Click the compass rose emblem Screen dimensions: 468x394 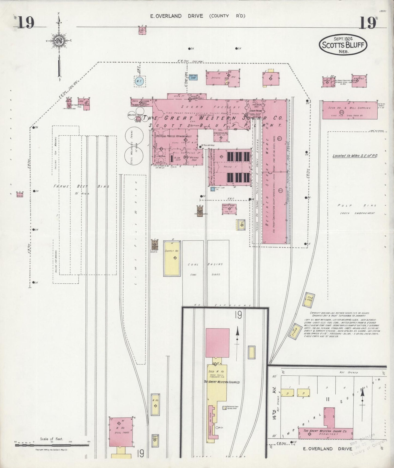(59, 41)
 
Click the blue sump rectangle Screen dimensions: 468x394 (193, 78)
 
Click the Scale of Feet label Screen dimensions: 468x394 (52, 439)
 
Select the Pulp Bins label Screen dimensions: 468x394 (357, 205)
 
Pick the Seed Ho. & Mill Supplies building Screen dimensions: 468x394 (350, 110)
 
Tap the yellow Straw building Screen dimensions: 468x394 (294, 332)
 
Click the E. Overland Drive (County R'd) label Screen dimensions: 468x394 (198, 16)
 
